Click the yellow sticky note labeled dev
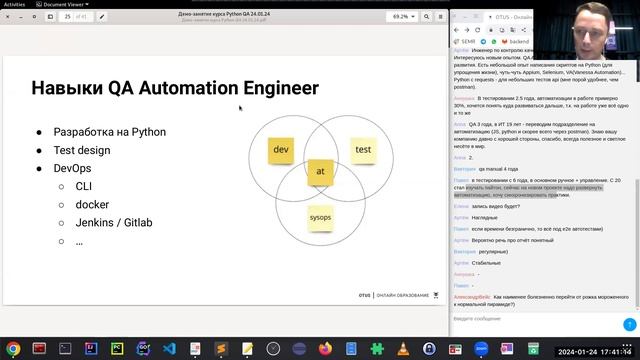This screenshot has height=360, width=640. [x=281, y=152]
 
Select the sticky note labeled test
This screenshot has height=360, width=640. [x=363, y=150]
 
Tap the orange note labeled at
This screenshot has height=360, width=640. [x=320, y=172]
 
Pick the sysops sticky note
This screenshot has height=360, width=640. [x=320, y=217]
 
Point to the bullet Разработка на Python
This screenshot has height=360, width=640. [x=109, y=132]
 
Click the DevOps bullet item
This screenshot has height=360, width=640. [x=72, y=168]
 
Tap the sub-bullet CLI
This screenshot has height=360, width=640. [x=85, y=186]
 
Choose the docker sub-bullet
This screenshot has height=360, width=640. [x=92, y=204]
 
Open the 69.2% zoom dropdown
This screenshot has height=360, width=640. [x=405, y=17]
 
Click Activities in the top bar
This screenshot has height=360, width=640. [x=16, y=4]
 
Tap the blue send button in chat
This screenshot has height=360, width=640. [x=629, y=324]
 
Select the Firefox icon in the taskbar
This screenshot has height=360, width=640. [x=323, y=348]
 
